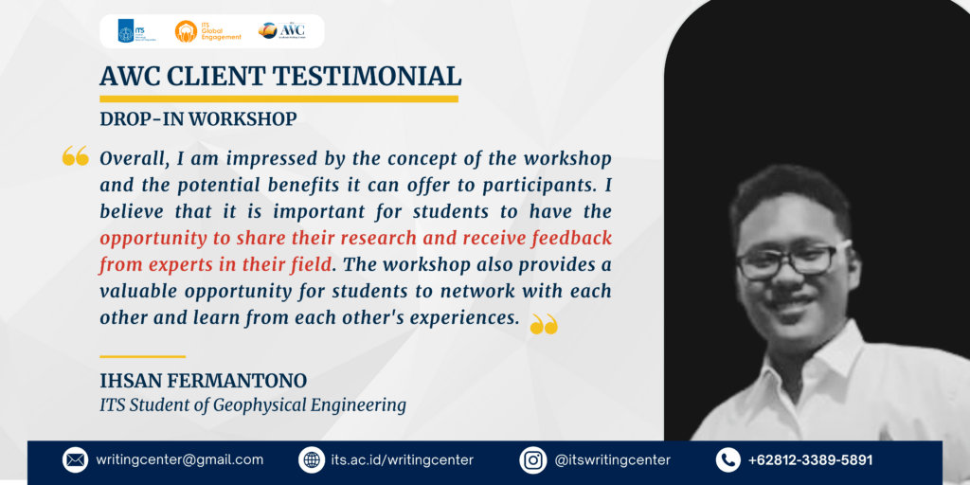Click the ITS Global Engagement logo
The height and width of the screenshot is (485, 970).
click(x=208, y=31)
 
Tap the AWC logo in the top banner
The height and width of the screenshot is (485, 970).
click(x=281, y=30)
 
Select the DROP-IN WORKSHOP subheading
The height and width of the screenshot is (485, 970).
click(x=198, y=118)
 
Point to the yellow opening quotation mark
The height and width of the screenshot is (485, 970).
click(x=76, y=156)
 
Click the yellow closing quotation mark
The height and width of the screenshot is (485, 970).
click(x=545, y=324)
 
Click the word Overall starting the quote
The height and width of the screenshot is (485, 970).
click(x=135, y=159)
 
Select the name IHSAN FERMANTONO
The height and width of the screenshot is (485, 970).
click(x=204, y=381)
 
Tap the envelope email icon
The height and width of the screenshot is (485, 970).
click(x=76, y=460)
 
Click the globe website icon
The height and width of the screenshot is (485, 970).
click(x=311, y=460)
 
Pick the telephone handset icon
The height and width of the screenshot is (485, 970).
click(x=728, y=460)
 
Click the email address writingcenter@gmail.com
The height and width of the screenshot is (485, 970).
click(x=179, y=460)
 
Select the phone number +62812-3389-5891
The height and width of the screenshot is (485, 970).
click(x=811, y=460)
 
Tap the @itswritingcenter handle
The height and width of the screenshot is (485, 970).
click(x=613, y=460)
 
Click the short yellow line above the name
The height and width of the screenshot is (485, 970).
click(x=143, y=356)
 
